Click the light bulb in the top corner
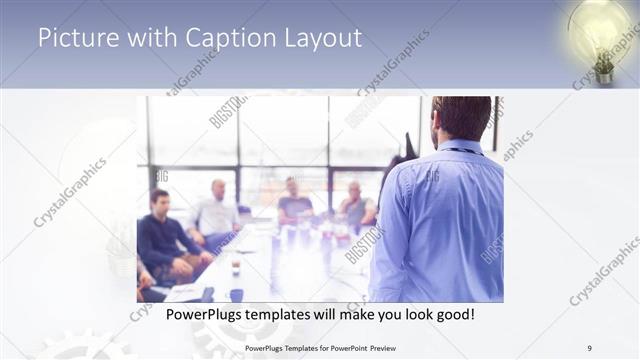coord(604,38)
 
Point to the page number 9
coord(590,347)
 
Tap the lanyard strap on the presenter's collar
coord(462,151)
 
